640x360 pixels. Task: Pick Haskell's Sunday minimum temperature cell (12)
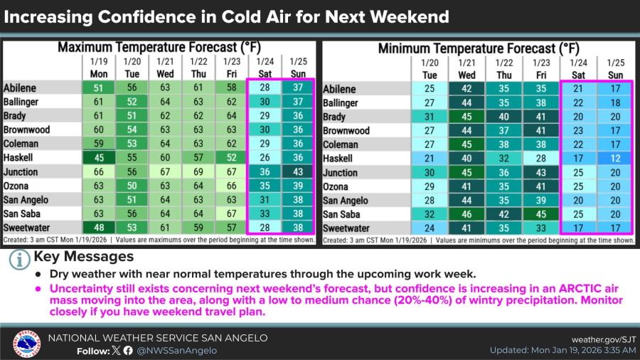(616, 158)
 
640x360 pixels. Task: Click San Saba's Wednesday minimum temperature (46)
(467, 214)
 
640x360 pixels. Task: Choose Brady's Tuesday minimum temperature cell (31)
(430, 117)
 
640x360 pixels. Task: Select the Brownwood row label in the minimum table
(346, 131)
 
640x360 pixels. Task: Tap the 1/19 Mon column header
(99, 68)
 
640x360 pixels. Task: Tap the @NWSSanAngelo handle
(177, 350)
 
